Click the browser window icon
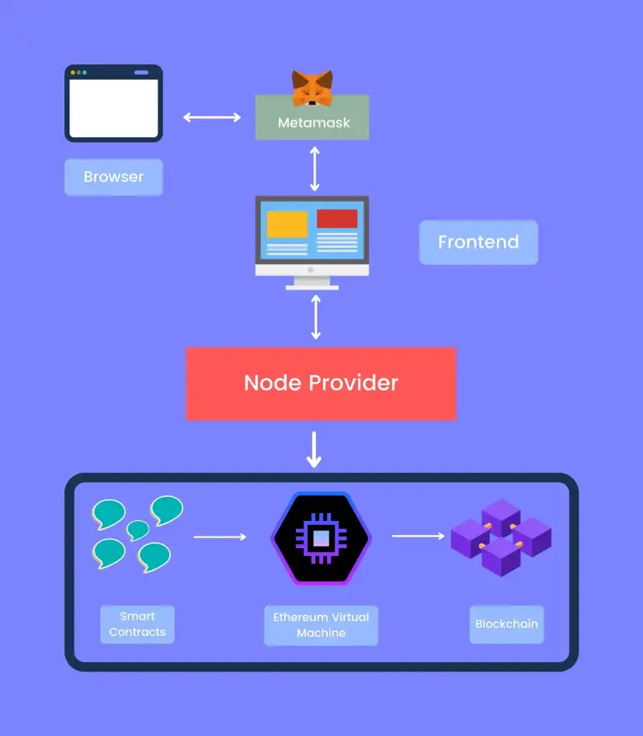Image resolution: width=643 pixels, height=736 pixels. pyautogui.click(x=113, y=103)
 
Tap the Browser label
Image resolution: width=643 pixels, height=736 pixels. pyautogui.click(x=113, y=177)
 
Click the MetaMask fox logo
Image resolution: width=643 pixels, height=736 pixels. pyautogui.click(x=312, y=88)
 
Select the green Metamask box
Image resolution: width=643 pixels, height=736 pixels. pyautogui.click(x=312, y=123)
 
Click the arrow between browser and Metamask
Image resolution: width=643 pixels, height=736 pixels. pyautogui.click(x=212, y=117)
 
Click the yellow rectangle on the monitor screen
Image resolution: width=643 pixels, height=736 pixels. pyautogui.click(x=287, y=224)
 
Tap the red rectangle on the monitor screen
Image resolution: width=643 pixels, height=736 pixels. pyautogui.click(x=337, y=218)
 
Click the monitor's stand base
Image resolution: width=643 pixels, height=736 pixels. pyautogui.click(x=312, y=286)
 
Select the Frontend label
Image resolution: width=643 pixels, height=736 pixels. pyautogui.click(x=478, y=242)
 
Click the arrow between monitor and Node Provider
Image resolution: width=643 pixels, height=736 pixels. pyautogui.click(x=315, y=318)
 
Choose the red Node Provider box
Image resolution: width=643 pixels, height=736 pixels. pyautogui.click(x=321, y=384)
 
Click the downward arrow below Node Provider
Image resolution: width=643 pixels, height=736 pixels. pyautogui.click(x=314, y=450)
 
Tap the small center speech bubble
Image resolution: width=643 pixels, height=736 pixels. pyautogui.click(x=138, y=529)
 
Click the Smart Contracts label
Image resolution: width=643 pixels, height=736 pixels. pyautogui.click(x=137, y=625)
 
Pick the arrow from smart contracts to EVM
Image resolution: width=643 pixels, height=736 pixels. pyautogui.click(x=219, y=536)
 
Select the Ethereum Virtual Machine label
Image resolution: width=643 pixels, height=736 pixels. pyautogui.click(x=321, y=625)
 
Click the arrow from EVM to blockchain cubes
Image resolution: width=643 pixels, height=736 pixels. pyautogui.click(x=418, y=536)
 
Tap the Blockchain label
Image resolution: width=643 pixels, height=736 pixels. pyautogui.click(x=506, y=624)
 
